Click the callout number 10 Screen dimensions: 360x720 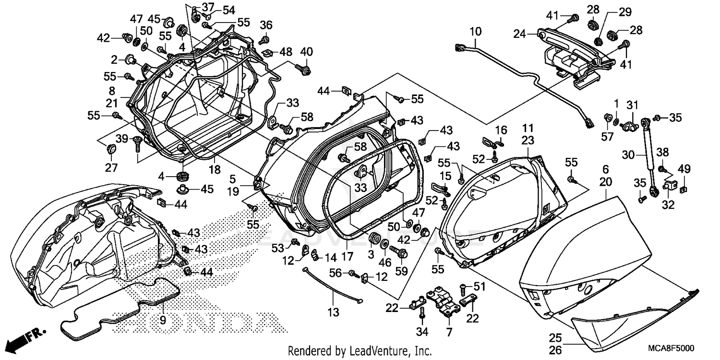pyautogui.click(x=475, y=32)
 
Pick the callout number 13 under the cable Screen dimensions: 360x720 pyautogui.click(x=333, y=312)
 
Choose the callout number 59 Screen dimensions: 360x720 pyautogui.click(x=401, y=271)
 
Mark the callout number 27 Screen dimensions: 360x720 pyautogui.click(x=111, y=168)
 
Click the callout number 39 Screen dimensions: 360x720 pyautogui.click(x=122, y=139)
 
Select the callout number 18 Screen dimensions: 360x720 pyautogui.click(x=214, y=170)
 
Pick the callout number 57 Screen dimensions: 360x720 pyautogui.click(x=608, y=137)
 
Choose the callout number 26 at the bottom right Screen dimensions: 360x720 pyautogui.click(x=555, y=350)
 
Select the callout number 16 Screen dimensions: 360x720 pyautogui.click(x=501, y=130)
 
